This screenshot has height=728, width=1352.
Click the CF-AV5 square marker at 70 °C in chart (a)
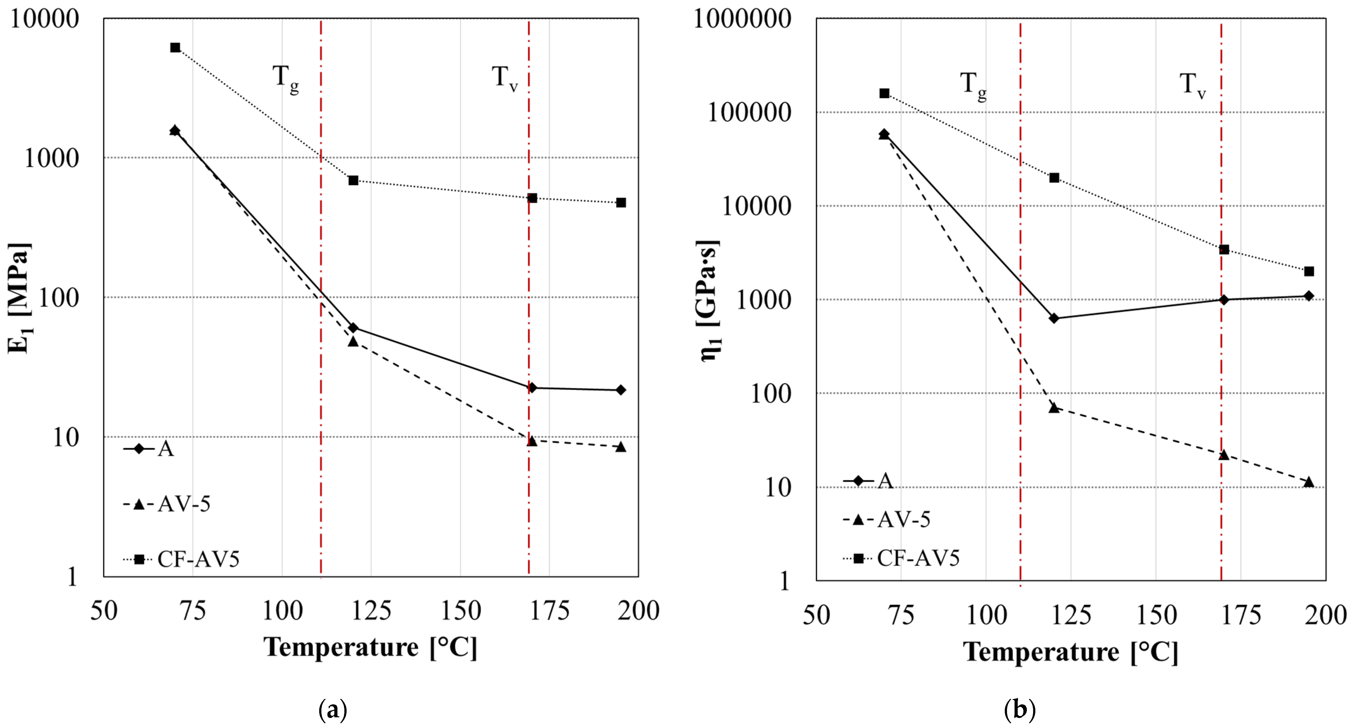175,48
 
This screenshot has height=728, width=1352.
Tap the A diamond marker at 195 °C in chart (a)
621,390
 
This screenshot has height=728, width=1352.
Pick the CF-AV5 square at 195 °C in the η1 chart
1309,271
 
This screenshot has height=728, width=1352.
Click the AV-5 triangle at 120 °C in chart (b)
1054,407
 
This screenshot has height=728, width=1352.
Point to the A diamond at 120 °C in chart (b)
1054,318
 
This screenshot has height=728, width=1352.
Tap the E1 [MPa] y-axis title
20,298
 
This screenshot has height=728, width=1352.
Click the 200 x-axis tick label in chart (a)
638,610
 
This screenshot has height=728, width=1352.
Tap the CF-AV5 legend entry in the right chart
902,558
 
